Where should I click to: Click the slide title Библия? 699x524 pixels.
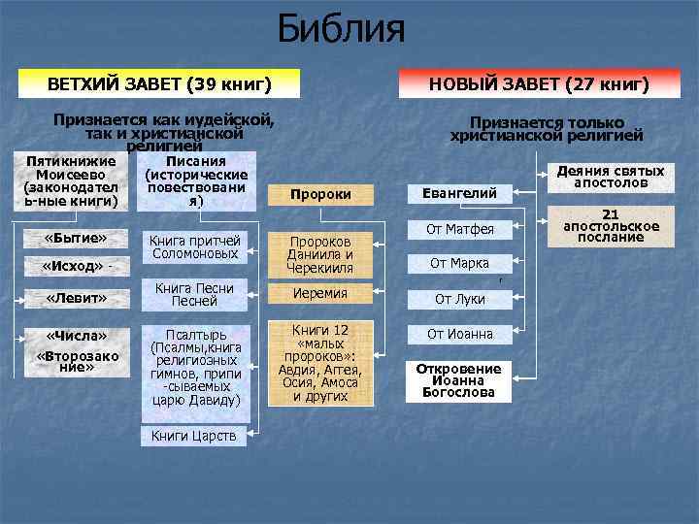click(341, 29)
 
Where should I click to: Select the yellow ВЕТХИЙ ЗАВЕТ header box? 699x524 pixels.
click(159, 84)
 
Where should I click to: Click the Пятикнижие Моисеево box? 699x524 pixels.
click(72, 181)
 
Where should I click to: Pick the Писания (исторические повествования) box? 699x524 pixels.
click(197, 181)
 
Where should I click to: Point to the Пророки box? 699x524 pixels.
click(320, 195)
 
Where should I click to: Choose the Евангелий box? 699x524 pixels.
click(459, 194)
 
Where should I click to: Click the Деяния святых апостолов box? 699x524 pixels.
click(611, 176)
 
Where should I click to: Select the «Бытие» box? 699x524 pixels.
click(76, 239)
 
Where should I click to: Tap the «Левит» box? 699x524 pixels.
click(76, 298)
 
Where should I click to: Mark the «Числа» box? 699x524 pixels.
click(76, 336)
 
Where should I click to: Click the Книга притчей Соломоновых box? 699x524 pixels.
click(195, 246)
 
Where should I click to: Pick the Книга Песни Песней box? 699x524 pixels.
click(195, 294)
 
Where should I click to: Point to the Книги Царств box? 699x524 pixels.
click(194, 436)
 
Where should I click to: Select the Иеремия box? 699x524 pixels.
click(320, 293)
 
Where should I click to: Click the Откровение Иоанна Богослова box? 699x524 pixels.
click(459, 381)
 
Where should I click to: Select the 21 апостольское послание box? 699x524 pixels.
click(612, 226)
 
